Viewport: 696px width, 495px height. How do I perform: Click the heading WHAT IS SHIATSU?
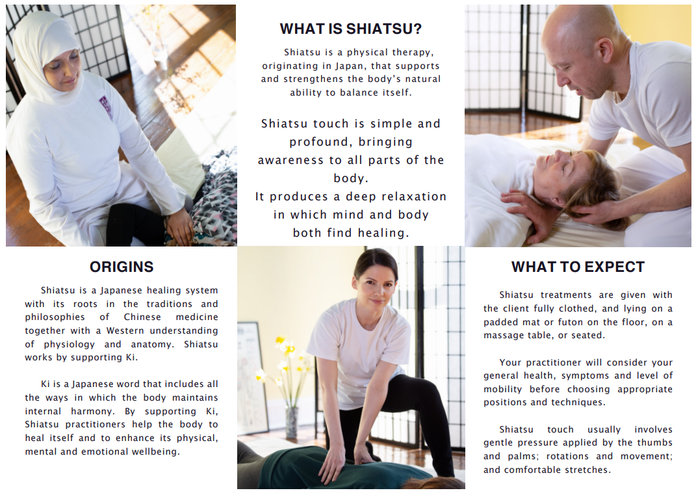pyautogui.click(x=350, y=29)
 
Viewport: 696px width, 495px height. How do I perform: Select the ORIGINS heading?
pyautogui.click(x=122, y=267)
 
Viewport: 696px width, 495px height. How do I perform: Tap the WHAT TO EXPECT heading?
pyautogui.click(x=578, y=267)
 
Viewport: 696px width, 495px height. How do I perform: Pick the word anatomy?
pyautogui.click(x=158, y=344)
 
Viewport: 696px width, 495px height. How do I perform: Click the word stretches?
pyautogui.click(x=589, y=470)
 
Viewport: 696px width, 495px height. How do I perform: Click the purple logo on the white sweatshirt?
pyautogui.click(x=105, y=105)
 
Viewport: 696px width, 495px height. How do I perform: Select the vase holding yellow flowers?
pyautogui.click(x=291, y=422)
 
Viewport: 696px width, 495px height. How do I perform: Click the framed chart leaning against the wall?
pyautogui.click(x=251, y=377)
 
